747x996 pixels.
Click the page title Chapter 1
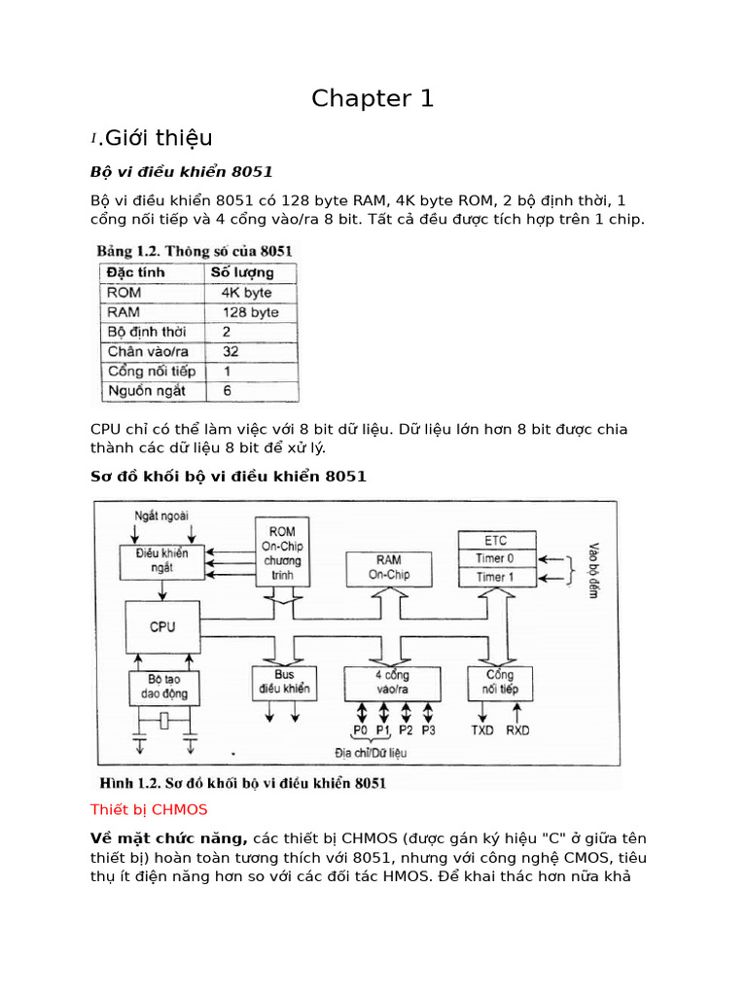pyautogui.click(x=373, y=98)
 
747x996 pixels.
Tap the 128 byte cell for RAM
pyautogui.click(x=250, y=312)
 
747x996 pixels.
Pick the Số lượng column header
pyautogui.click(x=241, y=272)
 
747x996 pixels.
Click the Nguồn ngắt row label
pyautogui.click(x=146, y=391)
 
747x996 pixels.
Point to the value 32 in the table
pyautogui.click(x=231, y=351)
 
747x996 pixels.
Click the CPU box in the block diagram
pyautogui.click(x=162, y=627)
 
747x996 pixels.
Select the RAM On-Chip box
pyautogui.click(x=388, y=567)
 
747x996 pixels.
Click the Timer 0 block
pyautogui.click(x=496, y=558)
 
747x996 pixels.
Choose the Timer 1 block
pyautogui.click(x=496, y=577)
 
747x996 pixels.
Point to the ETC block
pyautogui.click(x=496, y=541)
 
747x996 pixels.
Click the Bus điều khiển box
pyautogui.click(x=283, y=682)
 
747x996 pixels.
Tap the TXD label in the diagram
pyautogui.click(x=483, y=729)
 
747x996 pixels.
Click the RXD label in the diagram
pyautogui.click(x=517, y=729)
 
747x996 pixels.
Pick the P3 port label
pyautogui.click(x=429, y=729)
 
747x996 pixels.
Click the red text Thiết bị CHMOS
pyautogui.click(x=149, y=809)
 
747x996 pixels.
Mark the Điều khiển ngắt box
pyautogui.click(x=161, y=560)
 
